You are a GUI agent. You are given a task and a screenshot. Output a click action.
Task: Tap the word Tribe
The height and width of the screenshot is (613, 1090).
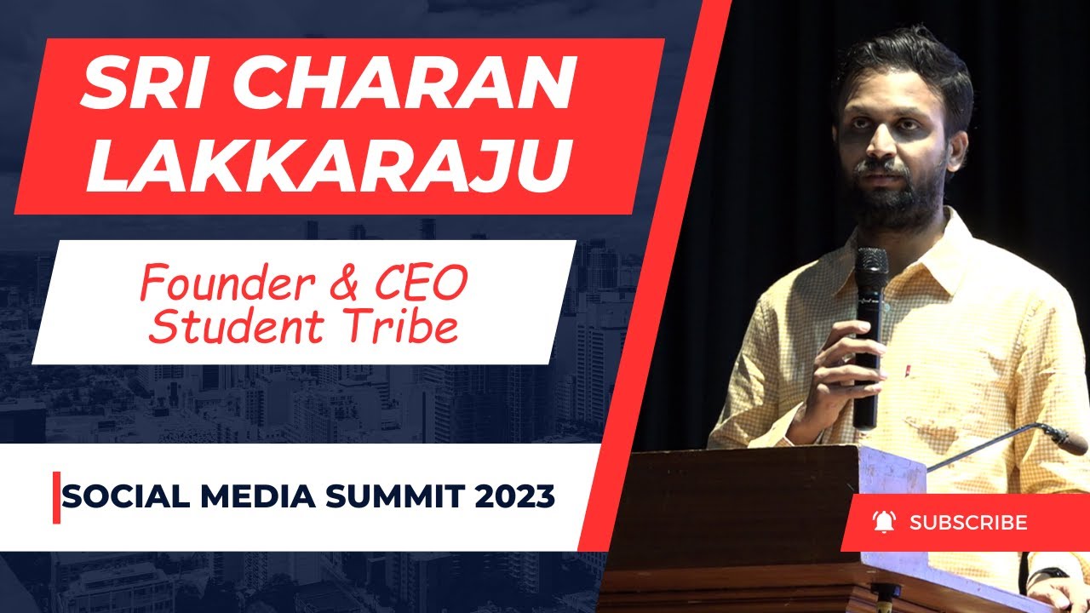pos(399,328)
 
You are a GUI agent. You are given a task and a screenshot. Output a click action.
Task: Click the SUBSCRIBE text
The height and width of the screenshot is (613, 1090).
pos(968,522)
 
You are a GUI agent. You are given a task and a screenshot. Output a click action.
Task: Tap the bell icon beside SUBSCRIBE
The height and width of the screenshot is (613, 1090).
pos(884,522)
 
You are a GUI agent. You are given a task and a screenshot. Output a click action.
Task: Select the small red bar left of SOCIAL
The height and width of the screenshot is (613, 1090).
pos(57,497)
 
